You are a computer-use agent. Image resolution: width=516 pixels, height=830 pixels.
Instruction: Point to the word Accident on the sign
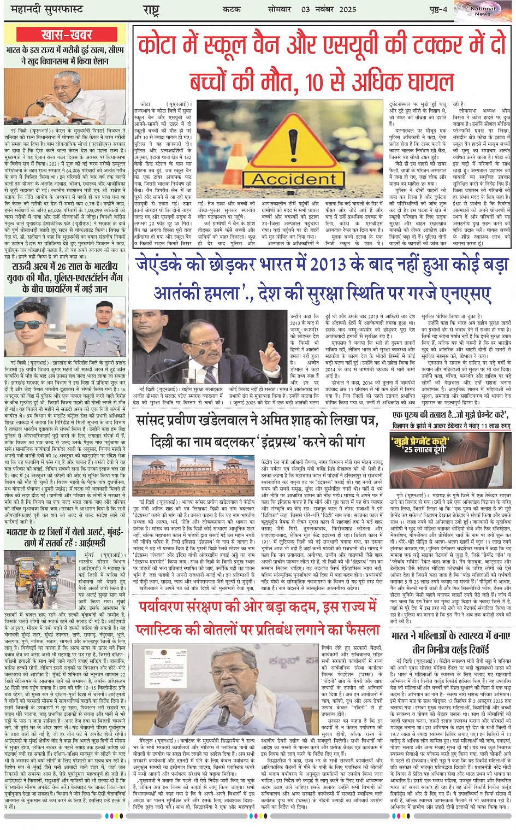[x=294, y=179]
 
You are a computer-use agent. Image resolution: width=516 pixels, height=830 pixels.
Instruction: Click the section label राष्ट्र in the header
[x=151, y=10]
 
